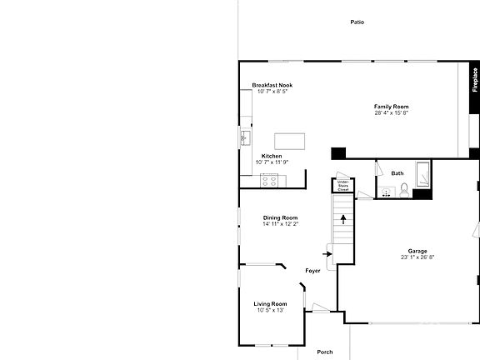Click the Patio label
[x=356, y=22]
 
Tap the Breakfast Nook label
[x=272, y=86]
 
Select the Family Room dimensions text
[x=391, y=113]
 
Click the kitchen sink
[x=246, y=137]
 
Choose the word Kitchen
[x=272, y=157]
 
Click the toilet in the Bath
[x=403, y=192]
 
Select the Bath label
[x=397, y=173]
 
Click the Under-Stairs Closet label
[x=342, y=185]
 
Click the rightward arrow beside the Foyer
[x=327, y=254]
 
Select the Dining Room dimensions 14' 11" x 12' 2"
[x=280, y=224]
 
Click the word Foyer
[x=312, y=271]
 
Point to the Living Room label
[x=271, y=304]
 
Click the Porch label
[x=325, y=352]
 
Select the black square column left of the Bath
[x=338, y=153]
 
